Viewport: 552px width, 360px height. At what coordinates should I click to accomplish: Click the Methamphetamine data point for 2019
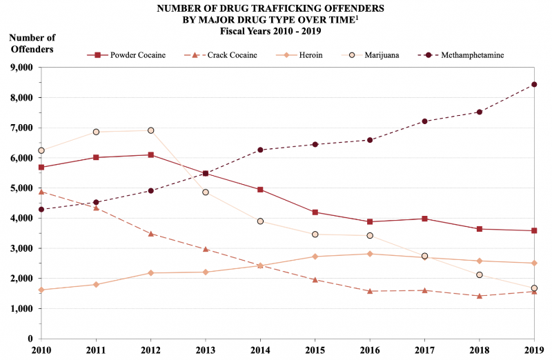(x=534, y=85)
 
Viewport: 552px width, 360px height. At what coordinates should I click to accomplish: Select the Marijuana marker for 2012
(x=150, y=130)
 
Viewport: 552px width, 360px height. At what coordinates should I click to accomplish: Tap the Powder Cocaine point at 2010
(x=41, y=167)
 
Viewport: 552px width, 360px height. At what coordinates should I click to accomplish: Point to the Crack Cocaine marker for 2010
(x=41, y=192)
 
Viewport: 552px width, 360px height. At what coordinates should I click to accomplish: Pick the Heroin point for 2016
(x=370, y=254)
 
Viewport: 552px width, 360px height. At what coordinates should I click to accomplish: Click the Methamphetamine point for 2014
(x=260, y=150)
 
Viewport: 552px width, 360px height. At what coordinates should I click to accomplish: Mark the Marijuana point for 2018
(x=480, y=274)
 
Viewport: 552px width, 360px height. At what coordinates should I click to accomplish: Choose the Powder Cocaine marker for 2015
(x=315, y=212)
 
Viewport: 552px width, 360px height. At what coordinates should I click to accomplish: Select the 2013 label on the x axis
(x=206, y=351)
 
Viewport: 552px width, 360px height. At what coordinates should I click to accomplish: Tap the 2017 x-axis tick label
(x=424, y=351)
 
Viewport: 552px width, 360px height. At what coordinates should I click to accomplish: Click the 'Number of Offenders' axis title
(x=32, y=43)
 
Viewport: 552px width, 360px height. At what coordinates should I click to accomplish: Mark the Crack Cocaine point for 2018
(x=480, y=296)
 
